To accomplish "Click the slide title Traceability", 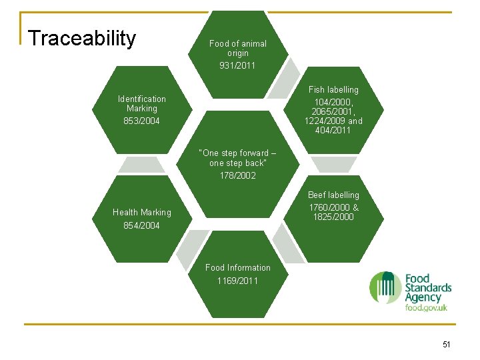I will pos(82,39).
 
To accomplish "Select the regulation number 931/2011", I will pos(237,65).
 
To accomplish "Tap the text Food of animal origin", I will pos(237,48).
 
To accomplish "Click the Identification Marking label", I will pos(141,103).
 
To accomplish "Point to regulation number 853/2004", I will pos(141,121).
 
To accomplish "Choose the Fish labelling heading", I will pos(333,89).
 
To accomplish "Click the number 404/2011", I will pos(333,130).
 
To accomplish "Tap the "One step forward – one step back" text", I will pos(237,158).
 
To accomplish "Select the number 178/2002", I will pos(237,175).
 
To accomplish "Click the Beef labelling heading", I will pos(333,195).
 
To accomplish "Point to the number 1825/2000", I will pos(333,217).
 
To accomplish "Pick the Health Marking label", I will pos(141,212).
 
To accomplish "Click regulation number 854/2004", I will pos(141,226).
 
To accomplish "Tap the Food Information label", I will pos(237,267).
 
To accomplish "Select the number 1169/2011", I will pos(237,281).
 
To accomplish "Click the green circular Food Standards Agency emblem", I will pos(385,287).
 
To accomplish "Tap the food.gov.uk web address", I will pos(426,307).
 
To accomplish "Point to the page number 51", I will pos(446,344).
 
